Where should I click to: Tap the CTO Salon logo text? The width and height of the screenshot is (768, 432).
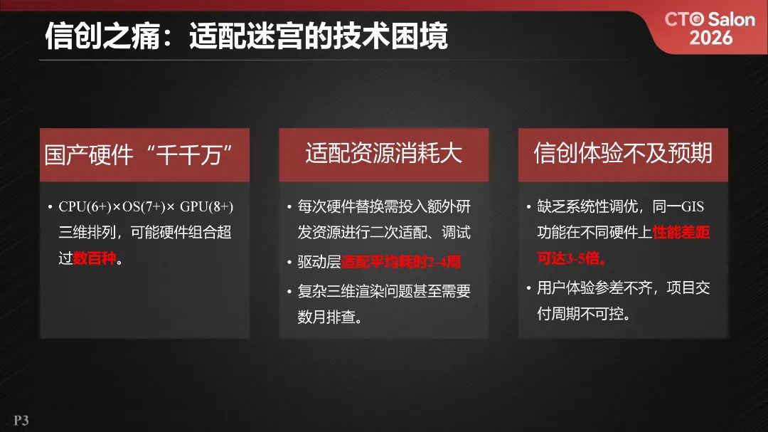point(709,19)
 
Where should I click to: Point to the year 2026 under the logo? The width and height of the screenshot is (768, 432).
point(710,37)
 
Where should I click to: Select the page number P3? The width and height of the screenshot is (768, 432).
point(21,421)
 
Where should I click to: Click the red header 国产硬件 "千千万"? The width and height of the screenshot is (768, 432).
point(144,154)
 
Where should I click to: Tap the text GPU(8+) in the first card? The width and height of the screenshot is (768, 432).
point(207,207)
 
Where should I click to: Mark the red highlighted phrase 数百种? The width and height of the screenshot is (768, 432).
point(95,258)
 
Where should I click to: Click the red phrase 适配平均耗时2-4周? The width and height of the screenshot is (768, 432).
point(401,263)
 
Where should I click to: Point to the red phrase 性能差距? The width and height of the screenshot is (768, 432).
point(681,233)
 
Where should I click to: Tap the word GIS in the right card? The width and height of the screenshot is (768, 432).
point(693,207)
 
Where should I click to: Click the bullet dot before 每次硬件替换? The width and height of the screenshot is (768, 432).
point(289,208)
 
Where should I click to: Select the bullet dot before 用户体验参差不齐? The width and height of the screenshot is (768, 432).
point(528,289)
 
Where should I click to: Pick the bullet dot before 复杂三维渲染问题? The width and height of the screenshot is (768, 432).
point(289,292)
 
